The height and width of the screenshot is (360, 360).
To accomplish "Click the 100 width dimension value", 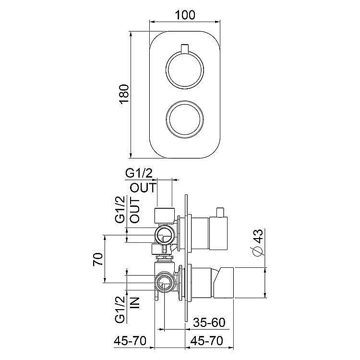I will tap(185, 15).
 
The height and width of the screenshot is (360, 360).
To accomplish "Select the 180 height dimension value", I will tap(124, 95).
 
